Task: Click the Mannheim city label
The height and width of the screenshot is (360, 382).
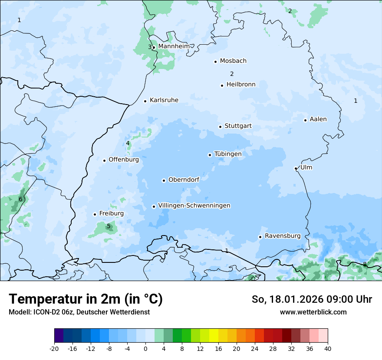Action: tap(174, 46)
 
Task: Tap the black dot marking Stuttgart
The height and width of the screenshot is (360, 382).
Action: tap(220, 127)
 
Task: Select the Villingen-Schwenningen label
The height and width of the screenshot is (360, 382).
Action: tap(194, 206)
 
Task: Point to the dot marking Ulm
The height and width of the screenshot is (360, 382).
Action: tap(296, 168)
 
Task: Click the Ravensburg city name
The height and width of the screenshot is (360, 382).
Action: tap(283, 236)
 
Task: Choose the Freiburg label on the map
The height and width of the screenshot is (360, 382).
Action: tap(111, 213)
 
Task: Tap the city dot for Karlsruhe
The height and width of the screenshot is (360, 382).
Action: tap(145, 101)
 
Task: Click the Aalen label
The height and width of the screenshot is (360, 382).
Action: tap(318, 119)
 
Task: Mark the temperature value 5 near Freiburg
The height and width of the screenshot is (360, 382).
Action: tap(109, 226)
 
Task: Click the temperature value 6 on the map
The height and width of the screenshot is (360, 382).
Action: tap(20, 199)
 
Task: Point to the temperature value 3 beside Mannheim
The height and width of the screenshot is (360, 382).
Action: tap(150, 47)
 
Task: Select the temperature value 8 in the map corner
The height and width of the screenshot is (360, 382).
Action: tap(365, 264)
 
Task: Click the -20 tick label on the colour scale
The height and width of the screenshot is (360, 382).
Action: tap(54, 349)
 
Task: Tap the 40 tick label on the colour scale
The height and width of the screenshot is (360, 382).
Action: tap(328, 349)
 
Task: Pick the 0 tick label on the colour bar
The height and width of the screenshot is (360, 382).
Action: tap(145, 349)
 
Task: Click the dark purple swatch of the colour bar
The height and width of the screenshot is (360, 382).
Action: tap(59, 336)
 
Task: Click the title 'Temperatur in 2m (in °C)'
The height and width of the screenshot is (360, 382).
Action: tap(86, 299)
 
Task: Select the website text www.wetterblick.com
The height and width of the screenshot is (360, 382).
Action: tap(313, 312)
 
